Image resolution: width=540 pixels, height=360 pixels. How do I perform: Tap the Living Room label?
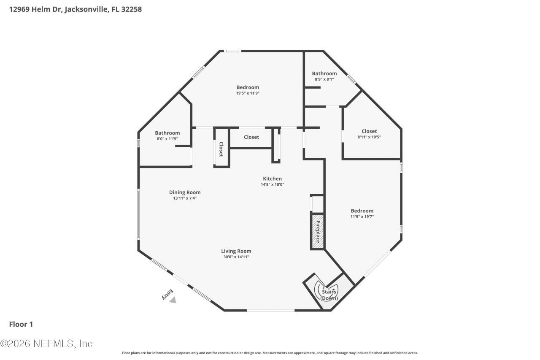coord(236,251)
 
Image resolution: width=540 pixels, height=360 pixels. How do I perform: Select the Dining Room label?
coord(185,192)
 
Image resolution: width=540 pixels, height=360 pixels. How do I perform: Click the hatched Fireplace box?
coord(318,231)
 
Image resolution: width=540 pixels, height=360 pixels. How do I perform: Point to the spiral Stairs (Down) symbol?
coord(329,292)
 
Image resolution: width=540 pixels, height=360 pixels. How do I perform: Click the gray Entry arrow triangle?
coord(173,300)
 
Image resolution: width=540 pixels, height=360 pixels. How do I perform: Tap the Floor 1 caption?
coord(21,324)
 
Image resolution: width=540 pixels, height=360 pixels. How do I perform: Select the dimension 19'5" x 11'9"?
coord(248,93)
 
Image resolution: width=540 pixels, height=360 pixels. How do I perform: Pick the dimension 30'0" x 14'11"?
coord(236,257)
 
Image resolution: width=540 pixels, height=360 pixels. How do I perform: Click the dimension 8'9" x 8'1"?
coord(324,79)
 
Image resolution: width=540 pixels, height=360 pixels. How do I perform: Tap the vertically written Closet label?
coord(221,149)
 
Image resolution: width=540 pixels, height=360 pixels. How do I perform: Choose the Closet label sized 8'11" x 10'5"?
coord(369,131)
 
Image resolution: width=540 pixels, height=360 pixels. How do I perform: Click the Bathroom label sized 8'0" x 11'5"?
coord(167,133)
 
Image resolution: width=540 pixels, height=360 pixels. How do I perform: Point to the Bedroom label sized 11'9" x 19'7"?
coord(362,211)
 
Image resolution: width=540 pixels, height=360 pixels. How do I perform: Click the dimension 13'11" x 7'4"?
coord(185,198)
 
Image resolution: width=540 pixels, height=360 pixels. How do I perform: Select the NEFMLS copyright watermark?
coord(46,344)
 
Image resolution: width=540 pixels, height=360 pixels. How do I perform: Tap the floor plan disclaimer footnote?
coord(270,353)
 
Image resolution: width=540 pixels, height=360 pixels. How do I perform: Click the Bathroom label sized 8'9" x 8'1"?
coord(324,73)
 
